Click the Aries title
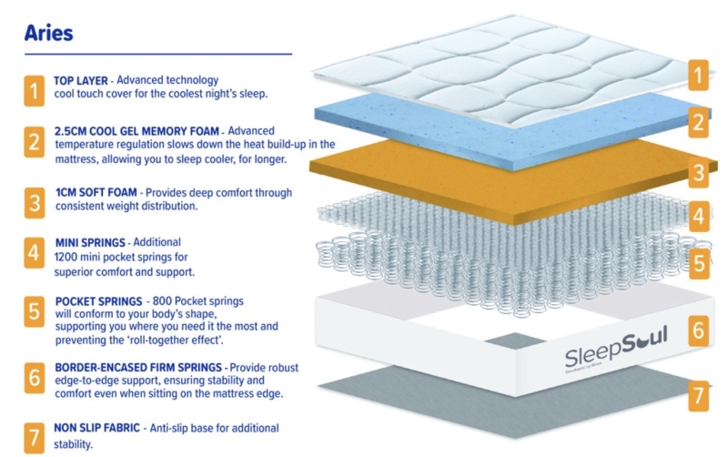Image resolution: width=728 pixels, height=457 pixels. pyautogui.click(x=49, y=34)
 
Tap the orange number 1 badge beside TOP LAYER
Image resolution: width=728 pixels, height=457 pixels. pyautogui.click(x=33, y=90)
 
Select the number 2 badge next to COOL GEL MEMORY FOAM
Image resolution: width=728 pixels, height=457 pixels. pyautogui.click(x=33, y=144)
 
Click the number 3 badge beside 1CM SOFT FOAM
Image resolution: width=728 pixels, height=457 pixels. pyautogui.click(x=33, y=200)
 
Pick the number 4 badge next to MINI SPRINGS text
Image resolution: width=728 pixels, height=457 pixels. pyautogui.click(x=33, y=254)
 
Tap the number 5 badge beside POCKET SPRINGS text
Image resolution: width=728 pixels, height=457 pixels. pyautogui.click(x=33, y=312)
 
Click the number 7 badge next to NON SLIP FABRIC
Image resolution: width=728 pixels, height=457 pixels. pyautogui.click(x=33, y=435)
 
